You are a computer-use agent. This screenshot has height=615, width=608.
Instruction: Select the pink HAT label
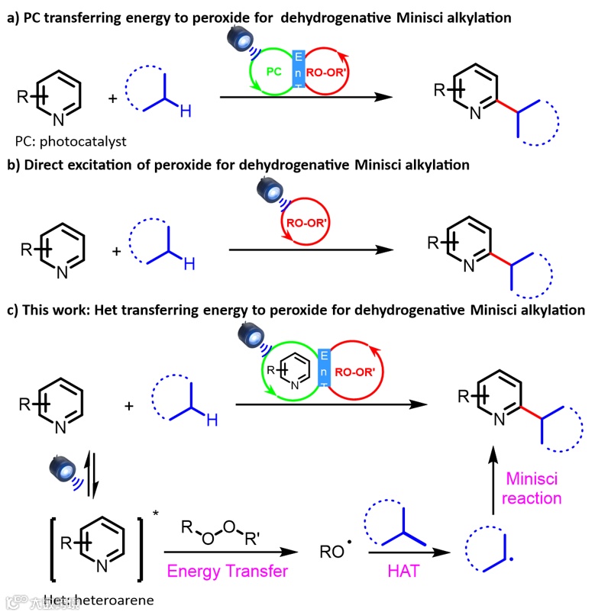click(x=405, y=570)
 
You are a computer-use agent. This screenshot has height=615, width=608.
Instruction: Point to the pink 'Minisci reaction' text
click(x=534, y=488)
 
